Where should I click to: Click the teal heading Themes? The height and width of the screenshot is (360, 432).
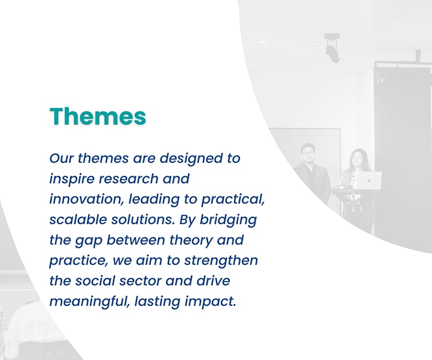pyautogui.click(x=98, y=116)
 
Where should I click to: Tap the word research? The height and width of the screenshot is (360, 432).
pyautogui.click(x=128, y=179)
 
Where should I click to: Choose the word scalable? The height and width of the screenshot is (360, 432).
pyautogui.click(x=78, y=220)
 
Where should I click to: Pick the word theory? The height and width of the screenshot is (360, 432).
pyautogui.click(x=190, y=241)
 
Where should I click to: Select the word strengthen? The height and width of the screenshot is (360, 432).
pyautogui.click(x=221, y=260)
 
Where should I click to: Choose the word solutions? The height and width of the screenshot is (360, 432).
pyautogui.click(x=143, y=220)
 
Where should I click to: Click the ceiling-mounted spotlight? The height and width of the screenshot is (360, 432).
pyautogui.click(x=332, y=49)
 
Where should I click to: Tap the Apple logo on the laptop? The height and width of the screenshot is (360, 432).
pyautogui.click(x=369, y=180)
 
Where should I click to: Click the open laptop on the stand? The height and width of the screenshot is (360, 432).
pyautogui.click(x=368, y=180)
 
